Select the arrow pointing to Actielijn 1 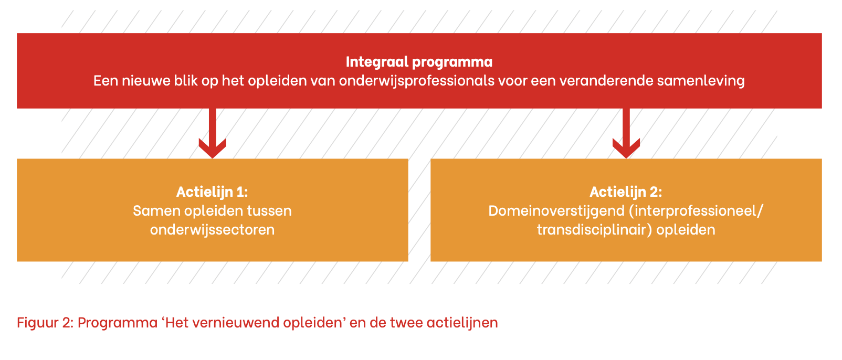(213, 133)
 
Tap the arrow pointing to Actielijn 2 (626, 133)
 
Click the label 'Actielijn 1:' (212, 192)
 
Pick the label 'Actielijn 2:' (626, 192)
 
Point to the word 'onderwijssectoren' (213, 230)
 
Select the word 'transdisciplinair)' (594, 230)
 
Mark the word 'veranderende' (606, 81)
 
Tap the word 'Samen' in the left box (156, 211)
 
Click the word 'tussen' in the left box (269, 211)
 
